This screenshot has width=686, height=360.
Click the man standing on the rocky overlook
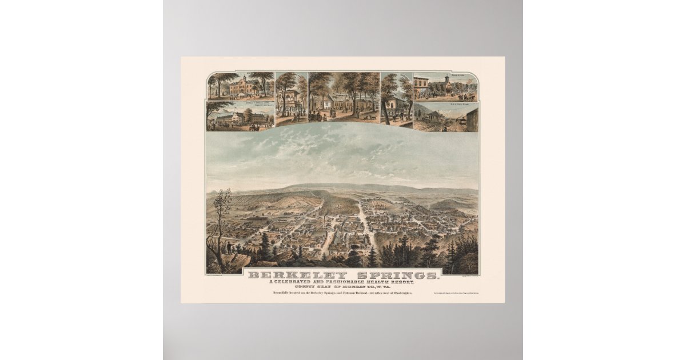pos(229,247)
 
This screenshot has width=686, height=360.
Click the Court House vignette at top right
pos(446,87)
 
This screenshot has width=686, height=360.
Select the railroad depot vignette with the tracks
pos(446,117)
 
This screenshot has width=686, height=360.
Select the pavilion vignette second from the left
pos(291,98)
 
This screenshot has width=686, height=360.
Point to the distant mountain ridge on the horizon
pos(343,186)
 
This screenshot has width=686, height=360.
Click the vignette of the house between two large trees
pos(396,98)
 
